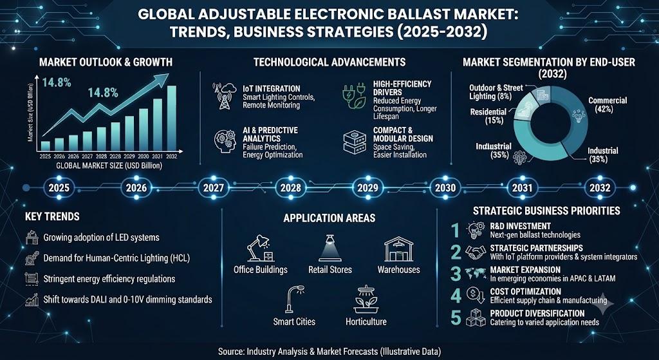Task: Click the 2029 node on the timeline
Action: click(367, 187)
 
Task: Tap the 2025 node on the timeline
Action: click(59, 187)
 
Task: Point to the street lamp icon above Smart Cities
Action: click(293, 299)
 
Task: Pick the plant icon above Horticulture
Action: click(366, 299)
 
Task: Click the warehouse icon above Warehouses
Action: click(398, 249)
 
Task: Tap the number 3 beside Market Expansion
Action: click(456, 274)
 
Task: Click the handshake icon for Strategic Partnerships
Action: click(476, 252)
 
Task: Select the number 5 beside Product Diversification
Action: click(456, 317)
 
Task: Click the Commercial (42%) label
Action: click(608, 104)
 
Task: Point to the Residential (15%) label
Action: click(488, 116)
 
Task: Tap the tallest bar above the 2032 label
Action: click(171, 118)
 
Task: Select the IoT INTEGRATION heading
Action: click(271, 89)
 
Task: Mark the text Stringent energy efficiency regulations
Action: click(109, 279)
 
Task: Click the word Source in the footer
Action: click(231, 351)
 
